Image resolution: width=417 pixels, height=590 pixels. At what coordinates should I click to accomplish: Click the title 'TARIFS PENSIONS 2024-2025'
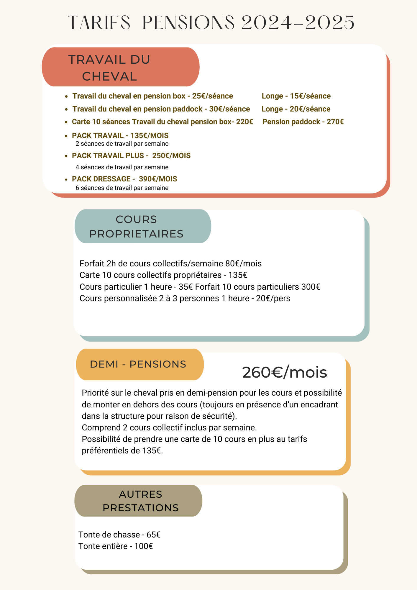pos(211,22)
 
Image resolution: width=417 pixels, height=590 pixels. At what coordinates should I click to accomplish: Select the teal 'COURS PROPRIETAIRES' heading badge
pos(143,226)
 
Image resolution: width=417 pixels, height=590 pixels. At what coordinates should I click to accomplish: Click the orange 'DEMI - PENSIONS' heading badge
pos(140,364)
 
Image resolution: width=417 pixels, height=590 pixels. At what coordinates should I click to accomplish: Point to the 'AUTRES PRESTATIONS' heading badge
pos(138,501)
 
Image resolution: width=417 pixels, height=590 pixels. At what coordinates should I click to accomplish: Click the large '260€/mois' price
pos(284,372)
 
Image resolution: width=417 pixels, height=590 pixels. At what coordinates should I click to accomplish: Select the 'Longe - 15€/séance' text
pos(296,96)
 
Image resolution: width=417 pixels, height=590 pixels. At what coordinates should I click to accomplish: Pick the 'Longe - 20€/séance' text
pos(296,109)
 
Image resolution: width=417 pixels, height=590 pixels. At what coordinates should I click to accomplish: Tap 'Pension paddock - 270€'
pos(303,122)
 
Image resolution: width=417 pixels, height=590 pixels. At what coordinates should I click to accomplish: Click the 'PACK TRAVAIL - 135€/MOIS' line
pos(120,136)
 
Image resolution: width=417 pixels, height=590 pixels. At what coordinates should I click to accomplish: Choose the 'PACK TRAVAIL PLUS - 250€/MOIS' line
pos(131,156)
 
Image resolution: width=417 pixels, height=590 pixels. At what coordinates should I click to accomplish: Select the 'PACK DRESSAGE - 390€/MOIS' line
pos(124,179)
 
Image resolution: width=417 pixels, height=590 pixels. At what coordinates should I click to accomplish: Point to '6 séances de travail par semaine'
pos(122,188)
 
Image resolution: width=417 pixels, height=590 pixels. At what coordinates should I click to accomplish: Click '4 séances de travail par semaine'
pos(122,167)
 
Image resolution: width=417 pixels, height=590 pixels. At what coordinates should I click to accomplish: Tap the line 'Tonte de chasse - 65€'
pos(119,535)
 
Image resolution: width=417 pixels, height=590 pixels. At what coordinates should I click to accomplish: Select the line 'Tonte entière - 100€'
pos(116,546)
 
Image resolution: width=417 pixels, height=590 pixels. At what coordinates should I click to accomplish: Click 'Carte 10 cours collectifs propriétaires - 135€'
pos(163,275)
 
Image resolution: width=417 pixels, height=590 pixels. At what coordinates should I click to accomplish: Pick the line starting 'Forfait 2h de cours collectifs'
pos(170,263)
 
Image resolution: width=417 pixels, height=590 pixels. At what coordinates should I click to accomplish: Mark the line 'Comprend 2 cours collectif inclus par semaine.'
pos(169,427)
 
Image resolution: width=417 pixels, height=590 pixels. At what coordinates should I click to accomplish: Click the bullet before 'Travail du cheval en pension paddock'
pos(67,109)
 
